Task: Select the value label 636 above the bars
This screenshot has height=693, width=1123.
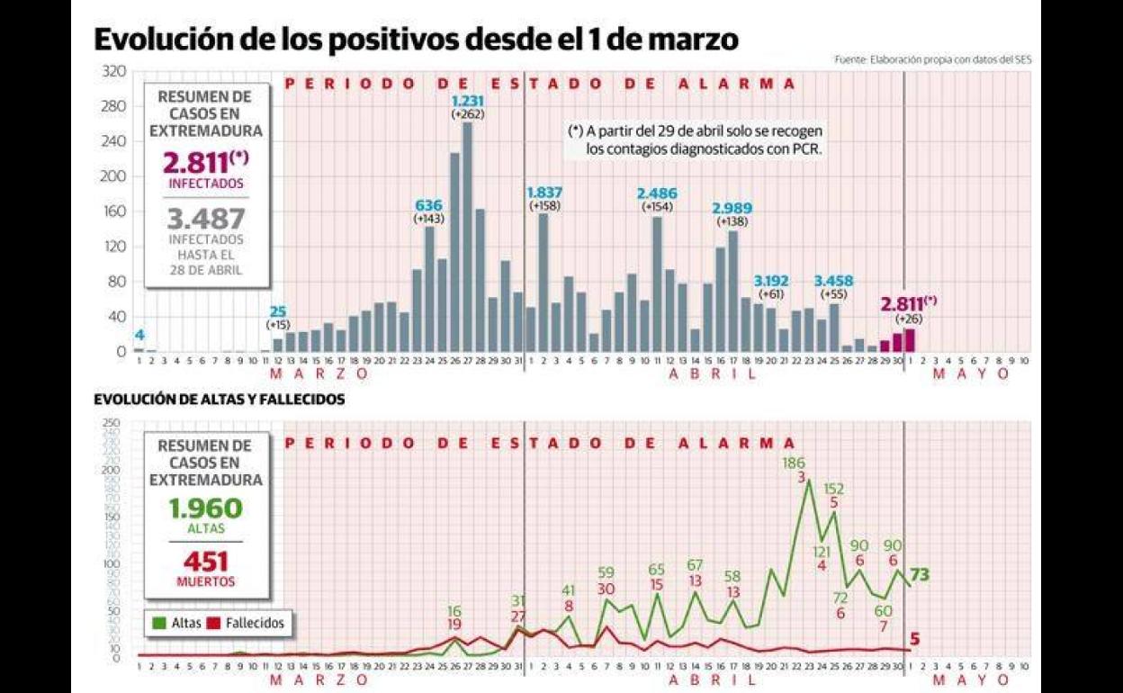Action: pos(429,204)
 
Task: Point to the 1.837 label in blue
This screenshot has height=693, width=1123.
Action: pos(543,193)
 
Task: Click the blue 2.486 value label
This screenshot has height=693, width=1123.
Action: pos(656,193)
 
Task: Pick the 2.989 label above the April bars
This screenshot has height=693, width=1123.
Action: pos(732,209)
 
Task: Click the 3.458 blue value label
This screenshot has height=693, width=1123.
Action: pos(834,280)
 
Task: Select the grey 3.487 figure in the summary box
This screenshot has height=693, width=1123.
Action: pos(206,219)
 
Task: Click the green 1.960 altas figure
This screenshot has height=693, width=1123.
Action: pos(205,508)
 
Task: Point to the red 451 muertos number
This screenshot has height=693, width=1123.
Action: pos(205,562)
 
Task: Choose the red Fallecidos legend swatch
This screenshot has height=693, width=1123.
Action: pos(213,623)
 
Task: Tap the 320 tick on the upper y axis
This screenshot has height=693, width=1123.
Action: pos(114,71)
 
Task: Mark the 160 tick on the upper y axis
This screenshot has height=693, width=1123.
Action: pos(114,211)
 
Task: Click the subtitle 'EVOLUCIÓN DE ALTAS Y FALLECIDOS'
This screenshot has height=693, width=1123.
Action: pos(219,400)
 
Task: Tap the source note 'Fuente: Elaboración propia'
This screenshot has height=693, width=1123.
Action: pos(932,59)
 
